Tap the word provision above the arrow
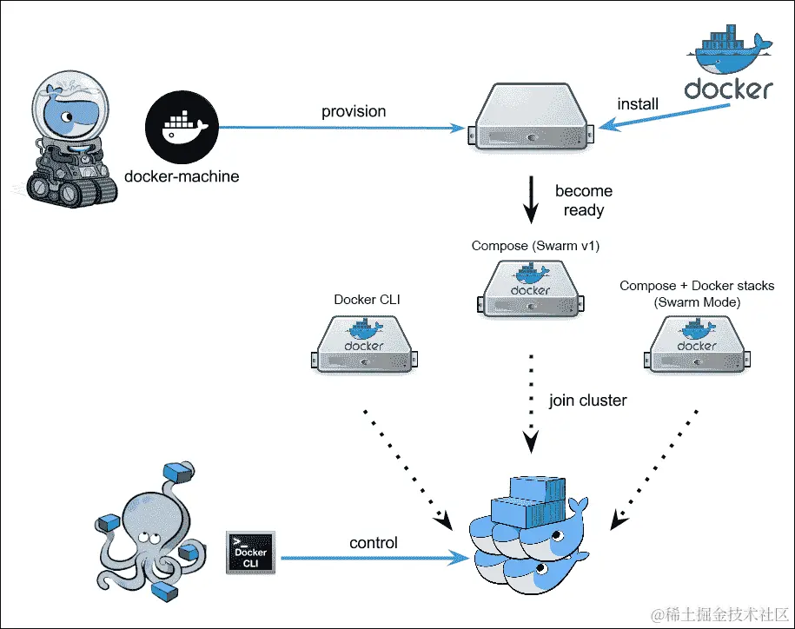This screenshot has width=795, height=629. point(354,111)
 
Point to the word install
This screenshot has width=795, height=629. point(638,104)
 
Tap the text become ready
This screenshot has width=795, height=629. point(584,201)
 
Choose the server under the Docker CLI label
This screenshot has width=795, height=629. point(363,345)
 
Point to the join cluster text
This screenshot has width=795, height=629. point(587,401)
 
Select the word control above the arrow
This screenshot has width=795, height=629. point(374,543)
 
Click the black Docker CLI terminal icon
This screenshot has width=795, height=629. point(250,552)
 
